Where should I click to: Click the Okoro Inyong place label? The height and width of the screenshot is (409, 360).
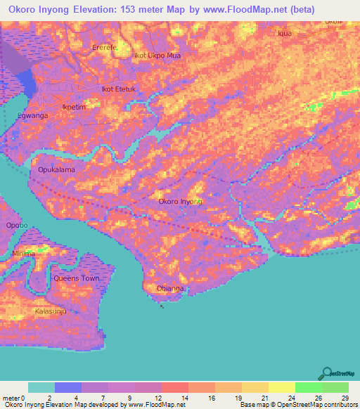click(181, 202)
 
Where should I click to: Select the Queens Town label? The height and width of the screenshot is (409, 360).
click(77, 278)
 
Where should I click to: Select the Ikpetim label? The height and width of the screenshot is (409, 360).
click(74, 107)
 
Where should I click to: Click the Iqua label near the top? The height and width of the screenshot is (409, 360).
click(285, 33)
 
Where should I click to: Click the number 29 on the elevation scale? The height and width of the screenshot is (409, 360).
click(344, 398)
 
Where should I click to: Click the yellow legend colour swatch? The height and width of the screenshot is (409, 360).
click(281, 387)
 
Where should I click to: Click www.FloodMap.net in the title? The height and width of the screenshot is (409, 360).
click(247, 11)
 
